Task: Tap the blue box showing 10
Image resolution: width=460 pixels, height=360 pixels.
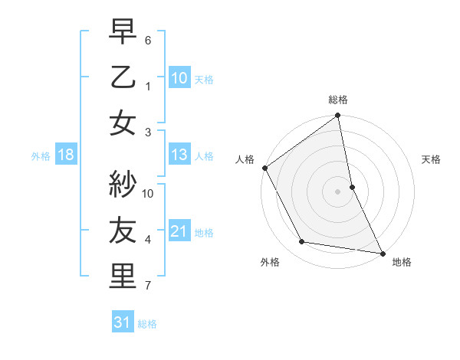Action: [x=179, y=77]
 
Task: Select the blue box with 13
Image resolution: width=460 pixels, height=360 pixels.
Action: [x=179, y=155]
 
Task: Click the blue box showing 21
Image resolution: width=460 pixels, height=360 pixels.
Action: [x=179, y=231]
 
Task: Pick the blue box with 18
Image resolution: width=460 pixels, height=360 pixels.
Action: [x=65, y=155]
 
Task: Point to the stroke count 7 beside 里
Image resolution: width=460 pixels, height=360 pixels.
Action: [x=148, y=286]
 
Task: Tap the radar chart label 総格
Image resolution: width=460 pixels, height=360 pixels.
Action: [x=338, y=100]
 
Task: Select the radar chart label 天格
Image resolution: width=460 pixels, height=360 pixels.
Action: [x=431, y=159]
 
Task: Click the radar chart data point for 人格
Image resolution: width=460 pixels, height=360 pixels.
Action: [x=264, y=168]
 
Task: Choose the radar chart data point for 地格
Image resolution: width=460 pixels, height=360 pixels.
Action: [x=382, y=252]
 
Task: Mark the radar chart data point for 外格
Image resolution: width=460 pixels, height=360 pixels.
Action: [x=302, y=242]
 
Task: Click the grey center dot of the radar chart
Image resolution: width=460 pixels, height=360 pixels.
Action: [x=338, y=191]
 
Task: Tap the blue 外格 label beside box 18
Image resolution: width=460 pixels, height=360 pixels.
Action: [x=41, y=155]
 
